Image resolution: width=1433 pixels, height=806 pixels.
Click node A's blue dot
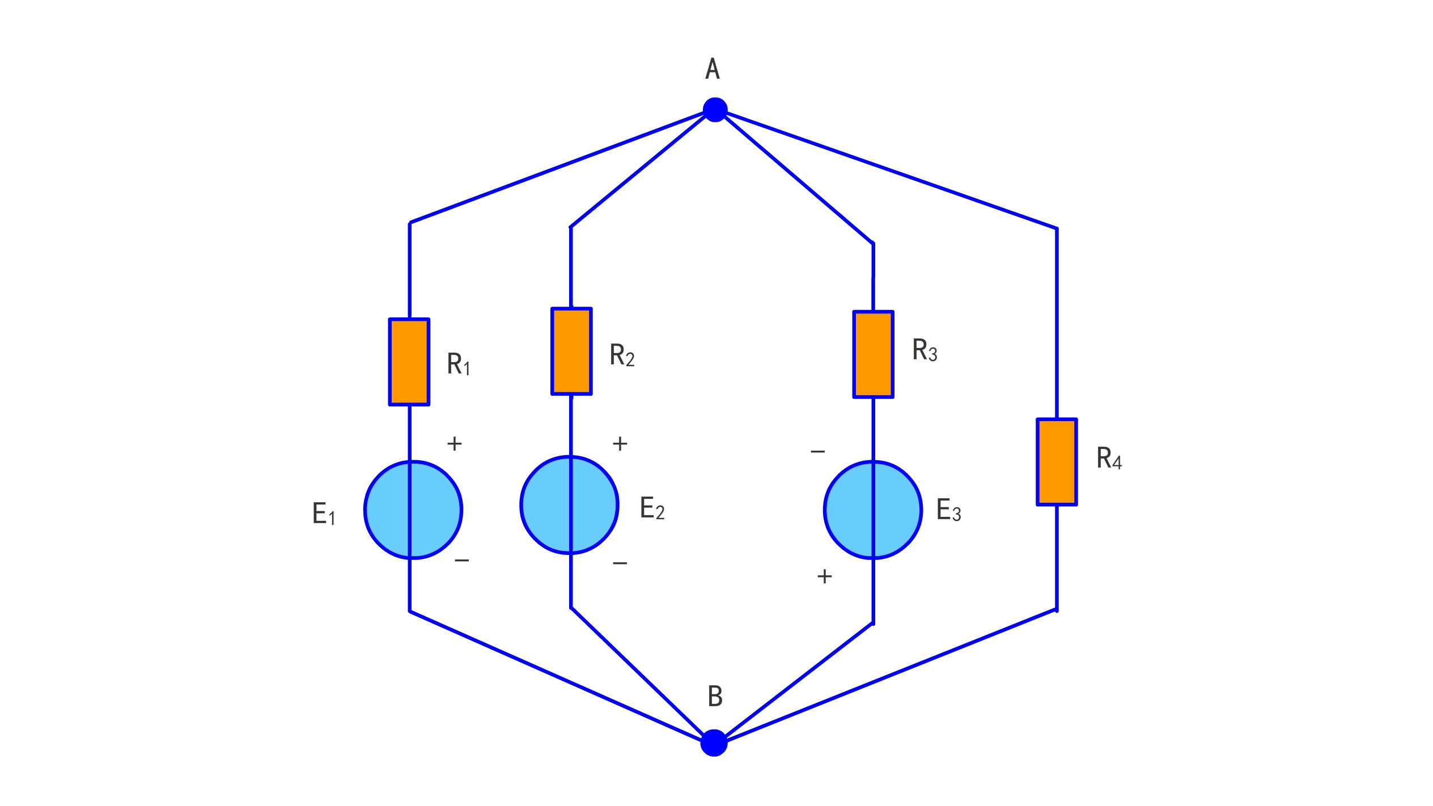[715, 110]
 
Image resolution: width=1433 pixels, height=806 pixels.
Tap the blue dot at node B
[714, 743]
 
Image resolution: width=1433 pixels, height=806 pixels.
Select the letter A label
[713, 69]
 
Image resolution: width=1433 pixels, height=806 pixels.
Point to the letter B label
[715, 697]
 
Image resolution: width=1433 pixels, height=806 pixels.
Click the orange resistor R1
[409, 362]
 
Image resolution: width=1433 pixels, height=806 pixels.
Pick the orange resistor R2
[571, 351]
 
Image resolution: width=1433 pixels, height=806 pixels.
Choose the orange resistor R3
[873, 354]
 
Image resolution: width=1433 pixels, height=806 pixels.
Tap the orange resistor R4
[1057, 462]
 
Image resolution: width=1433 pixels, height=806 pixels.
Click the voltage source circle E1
[413, 510]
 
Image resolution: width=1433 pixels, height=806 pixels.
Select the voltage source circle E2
[569, 505]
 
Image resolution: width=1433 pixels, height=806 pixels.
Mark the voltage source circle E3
[873, 510]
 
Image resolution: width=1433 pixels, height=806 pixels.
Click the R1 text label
[458, 364]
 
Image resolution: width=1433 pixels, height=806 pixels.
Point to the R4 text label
[1109, 459]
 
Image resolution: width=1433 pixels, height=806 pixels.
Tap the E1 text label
[324, 514]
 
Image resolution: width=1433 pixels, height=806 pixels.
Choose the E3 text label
[948, 510]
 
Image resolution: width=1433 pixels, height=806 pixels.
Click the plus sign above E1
[454, 443]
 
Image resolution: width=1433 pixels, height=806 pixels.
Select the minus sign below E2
[620, 563]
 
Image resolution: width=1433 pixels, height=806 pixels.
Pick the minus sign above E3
[817, 452]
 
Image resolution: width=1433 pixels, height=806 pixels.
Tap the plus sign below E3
[824, 576]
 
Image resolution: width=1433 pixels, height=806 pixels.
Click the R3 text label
[925, 350]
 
